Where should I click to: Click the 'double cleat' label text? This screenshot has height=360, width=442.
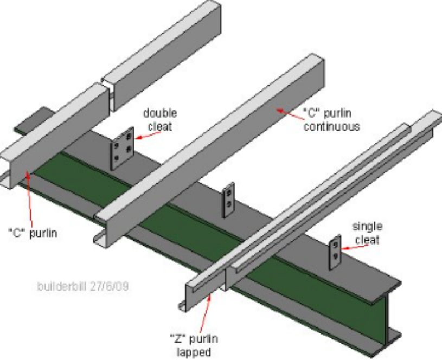(x=160, y=119)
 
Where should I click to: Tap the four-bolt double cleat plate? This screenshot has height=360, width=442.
(x=122, y=149)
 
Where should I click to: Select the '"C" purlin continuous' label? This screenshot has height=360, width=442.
(x=331, y=119)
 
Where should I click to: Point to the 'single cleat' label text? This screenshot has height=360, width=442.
(x=367, y=233)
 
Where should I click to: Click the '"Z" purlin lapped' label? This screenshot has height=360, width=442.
(x=194, y=345)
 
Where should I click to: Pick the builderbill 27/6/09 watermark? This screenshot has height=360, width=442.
(x=83, y=286)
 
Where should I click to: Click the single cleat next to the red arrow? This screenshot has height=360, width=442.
(x=335, y=252)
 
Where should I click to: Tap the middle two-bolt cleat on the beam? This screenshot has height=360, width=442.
(x=229, y=200)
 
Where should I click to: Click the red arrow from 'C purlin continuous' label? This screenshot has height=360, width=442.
(x=290, y=114)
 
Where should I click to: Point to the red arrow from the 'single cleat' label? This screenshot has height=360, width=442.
(x=355, y=247)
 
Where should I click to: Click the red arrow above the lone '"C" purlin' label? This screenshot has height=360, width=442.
(x=29, y=199)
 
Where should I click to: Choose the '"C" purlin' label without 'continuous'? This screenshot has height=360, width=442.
(x=33, y=234)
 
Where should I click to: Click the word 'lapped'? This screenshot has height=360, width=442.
(x=194, y=352)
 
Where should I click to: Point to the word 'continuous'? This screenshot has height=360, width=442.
(x=331, y=126)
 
